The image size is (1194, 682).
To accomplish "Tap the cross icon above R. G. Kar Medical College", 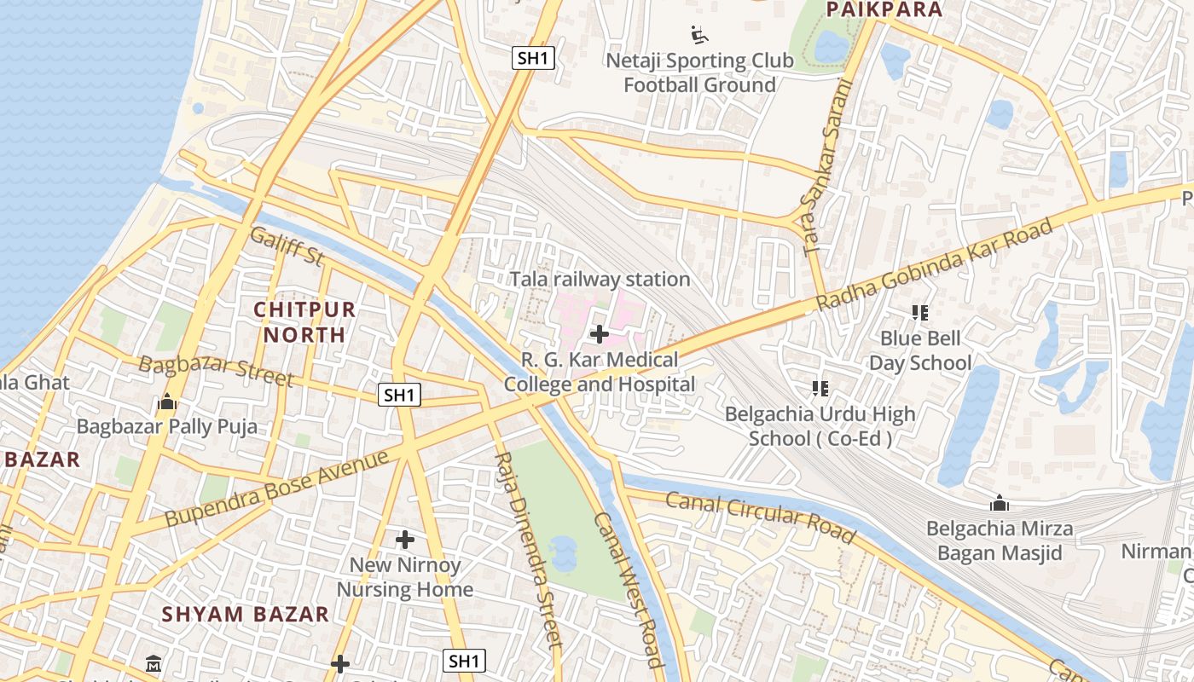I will pyautogui.click(x=600, y=334).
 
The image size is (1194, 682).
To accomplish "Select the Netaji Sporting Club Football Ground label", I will pyautogui.click(x=699, y=72).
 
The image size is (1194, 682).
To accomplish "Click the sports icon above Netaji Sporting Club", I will pyautogui.click(x=699, y=35).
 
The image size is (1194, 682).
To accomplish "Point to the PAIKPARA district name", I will pyautogui.click(x=884, y=10).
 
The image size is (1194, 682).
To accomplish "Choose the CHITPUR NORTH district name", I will pyautogui.click(x=304, y=321).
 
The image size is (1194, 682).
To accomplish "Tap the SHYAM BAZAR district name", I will pyautogui.click(x=246, y=614).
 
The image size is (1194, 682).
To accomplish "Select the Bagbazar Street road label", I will pyautogui.click(x=216, y=370).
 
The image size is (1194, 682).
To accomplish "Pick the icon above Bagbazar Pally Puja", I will pyautogui.click(x=166, y=401).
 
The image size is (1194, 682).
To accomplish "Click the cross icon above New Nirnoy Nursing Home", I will pyautogui.click(x=405, y=540).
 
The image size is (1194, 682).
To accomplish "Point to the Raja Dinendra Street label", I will pyautogui.click(x=528, y=551).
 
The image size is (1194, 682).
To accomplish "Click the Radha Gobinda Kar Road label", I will pyautogui.click(x=935, y=264).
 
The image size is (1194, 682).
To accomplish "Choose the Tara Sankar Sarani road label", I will pyautogui.click(x=828, y=166).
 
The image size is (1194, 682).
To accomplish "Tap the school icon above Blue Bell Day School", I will pyautogui.click(x=919, y=313).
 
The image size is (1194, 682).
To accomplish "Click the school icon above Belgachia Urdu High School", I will pyautogui.click(x=820, y=389).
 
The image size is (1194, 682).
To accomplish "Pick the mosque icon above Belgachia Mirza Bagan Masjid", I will pyautogui.click(x=1000, y=503).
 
